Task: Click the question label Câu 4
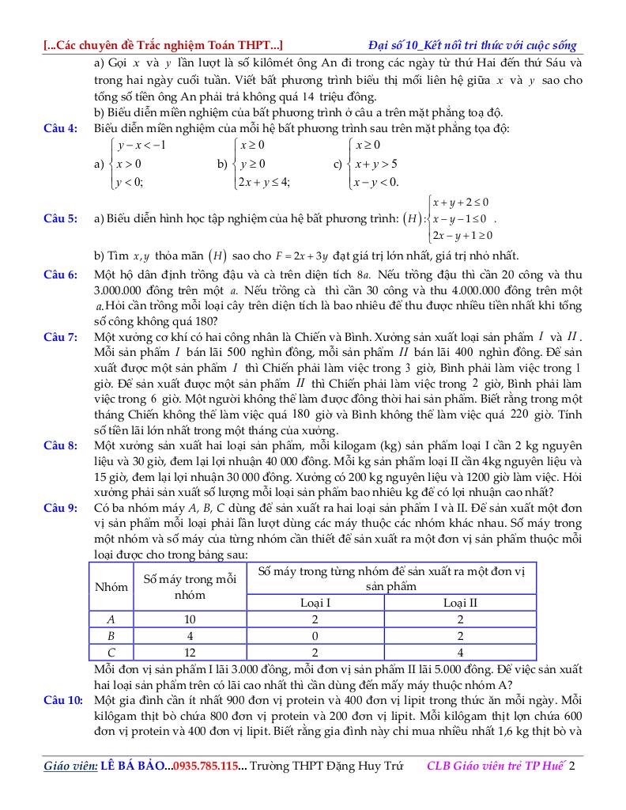click(60, 128)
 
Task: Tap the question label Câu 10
click(62, 701)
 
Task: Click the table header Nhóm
click(111, 587)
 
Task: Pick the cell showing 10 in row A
click(190, 619)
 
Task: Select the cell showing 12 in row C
click(190, 653)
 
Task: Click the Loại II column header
click(460, 603)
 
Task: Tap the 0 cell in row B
click(315, 636)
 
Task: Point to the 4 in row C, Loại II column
click(460, 653)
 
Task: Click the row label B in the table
click(111, 636)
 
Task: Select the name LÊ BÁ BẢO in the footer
click(134, 766)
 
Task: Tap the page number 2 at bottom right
click(571, 766)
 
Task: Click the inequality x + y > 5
click(376, 164)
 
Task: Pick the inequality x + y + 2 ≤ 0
click(460, 202)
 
